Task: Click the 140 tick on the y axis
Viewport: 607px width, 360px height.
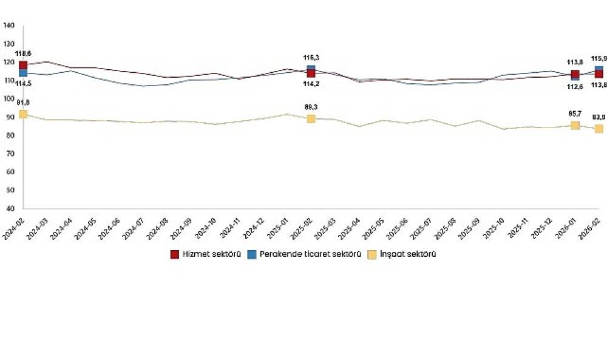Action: click(8, 25)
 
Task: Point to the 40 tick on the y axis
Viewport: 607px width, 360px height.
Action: click(10, 208)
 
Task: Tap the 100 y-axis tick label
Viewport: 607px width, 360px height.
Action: click(8, 98)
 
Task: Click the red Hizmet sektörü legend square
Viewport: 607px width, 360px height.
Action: click(174, 254)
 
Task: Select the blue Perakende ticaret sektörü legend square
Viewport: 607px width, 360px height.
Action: click(251, 254)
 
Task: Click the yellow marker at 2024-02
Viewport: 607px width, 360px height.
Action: click(23, 114)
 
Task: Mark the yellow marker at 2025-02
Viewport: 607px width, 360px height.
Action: click(311, 118)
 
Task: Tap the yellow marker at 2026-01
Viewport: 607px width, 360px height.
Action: click(575, 125)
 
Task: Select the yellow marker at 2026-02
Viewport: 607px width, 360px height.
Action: click(599, 129)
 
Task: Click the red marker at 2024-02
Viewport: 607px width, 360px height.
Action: click(23, 65)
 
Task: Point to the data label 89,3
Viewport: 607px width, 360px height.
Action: click(311, 107)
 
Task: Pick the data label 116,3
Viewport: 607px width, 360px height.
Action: click(311, 58)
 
